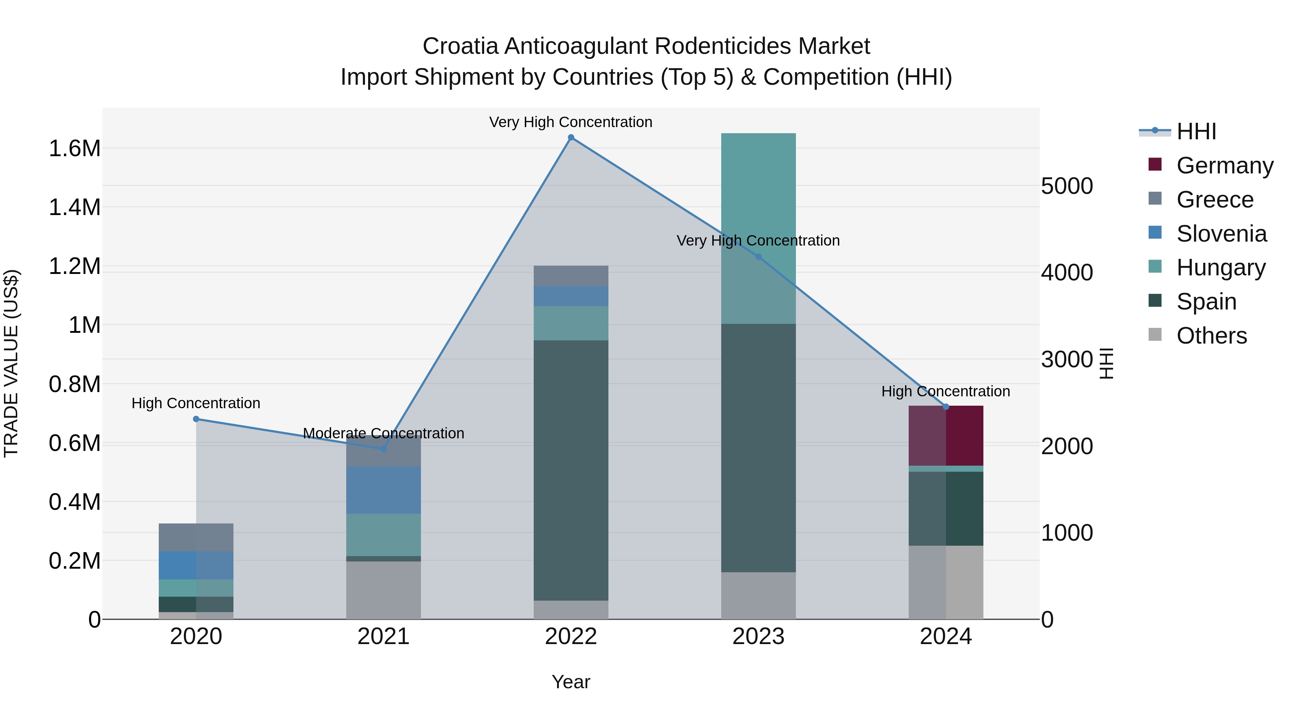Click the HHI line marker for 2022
point(571,138)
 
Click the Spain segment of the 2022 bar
point(571,470)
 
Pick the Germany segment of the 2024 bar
point(946,435)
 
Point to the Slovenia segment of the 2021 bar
point(384,490)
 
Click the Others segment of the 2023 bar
point(758,596)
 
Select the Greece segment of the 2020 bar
point(196,537)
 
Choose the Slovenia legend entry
point(1221,234)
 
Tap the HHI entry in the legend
point(1196,131)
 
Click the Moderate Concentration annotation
point(384,433)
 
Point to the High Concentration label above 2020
point(196,404)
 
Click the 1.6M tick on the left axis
point(74,149)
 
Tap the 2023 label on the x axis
point(758,637)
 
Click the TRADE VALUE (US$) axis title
point(11,363)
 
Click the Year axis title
point(571,682)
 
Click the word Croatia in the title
point(460,47)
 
